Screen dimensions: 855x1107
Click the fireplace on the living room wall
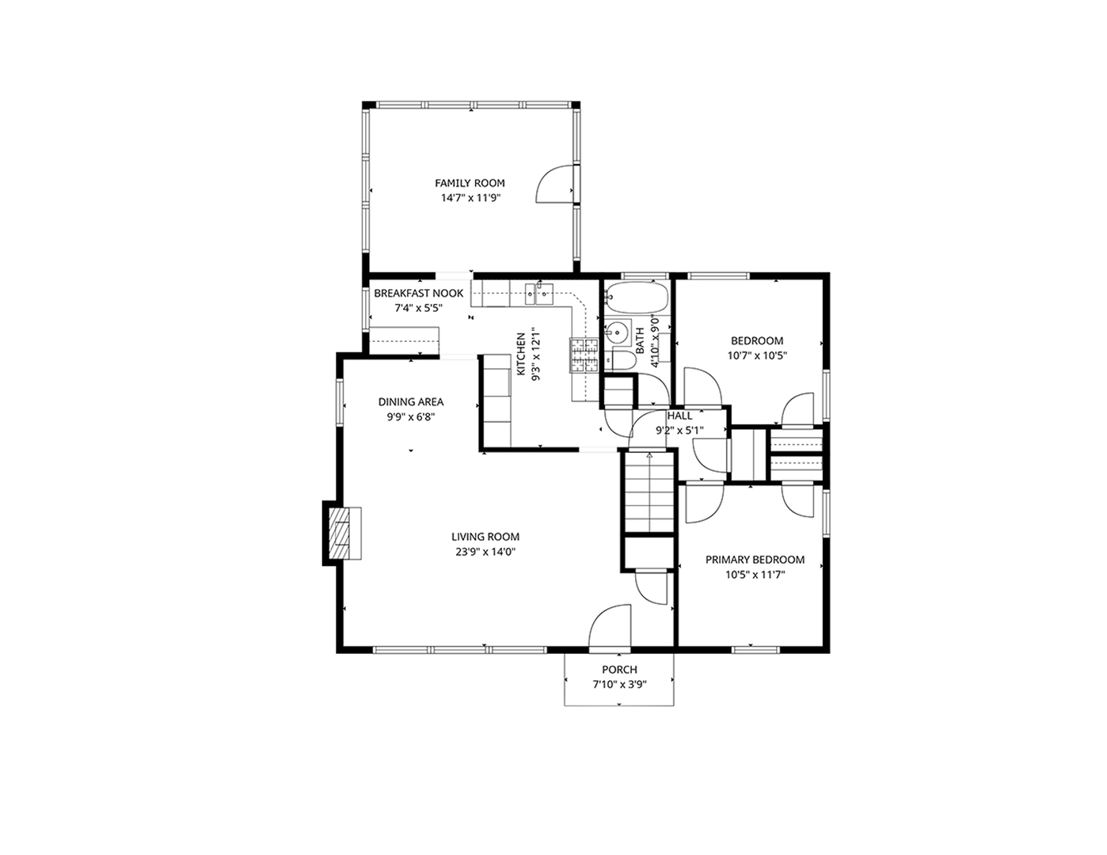point(343,533)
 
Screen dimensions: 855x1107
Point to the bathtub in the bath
point(637,298)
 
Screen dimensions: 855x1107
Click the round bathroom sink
point(617,332)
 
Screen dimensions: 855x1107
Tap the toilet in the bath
point(622,362)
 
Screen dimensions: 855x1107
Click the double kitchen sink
point(538,294)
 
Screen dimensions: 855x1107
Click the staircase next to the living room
point(649,492)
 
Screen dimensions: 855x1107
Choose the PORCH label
point(619,670)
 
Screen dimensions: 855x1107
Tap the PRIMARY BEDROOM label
point(755,560)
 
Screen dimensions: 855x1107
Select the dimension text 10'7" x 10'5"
point(756,356)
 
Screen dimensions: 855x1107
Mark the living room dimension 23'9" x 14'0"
point(485,552)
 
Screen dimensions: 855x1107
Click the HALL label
point(679,416)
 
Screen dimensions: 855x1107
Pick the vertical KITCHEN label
point(522,354)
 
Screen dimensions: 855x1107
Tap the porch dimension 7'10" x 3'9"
point(619,685)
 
